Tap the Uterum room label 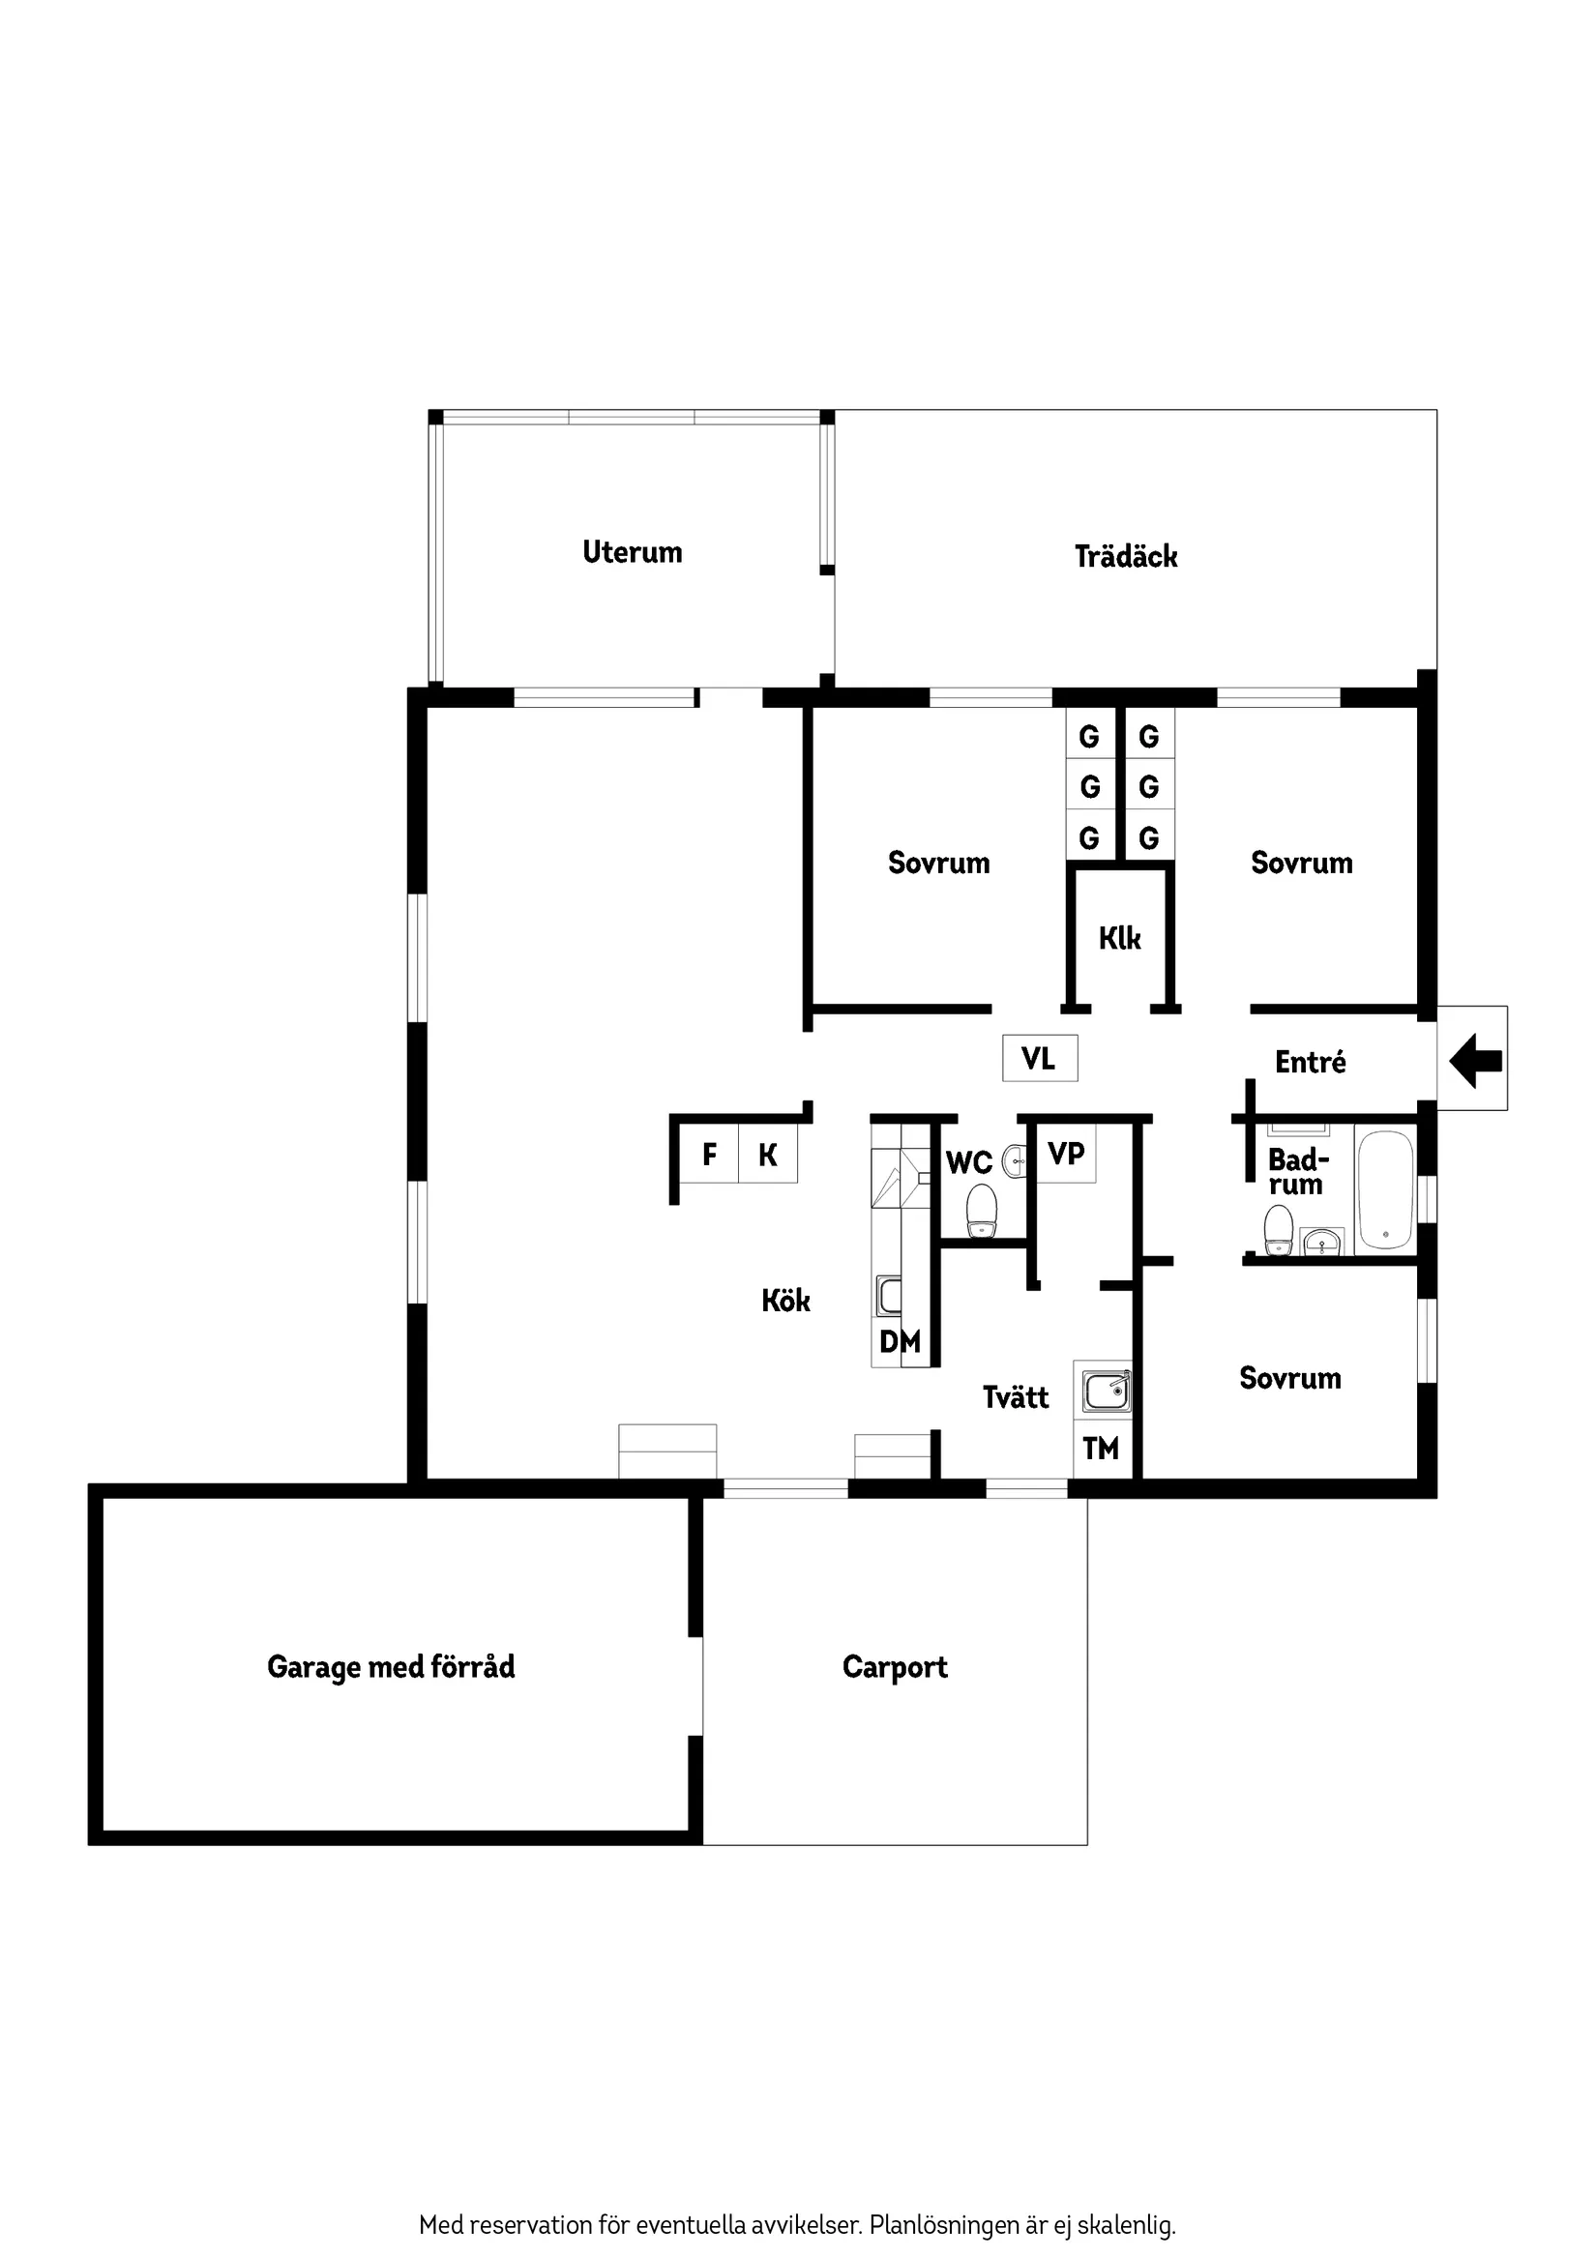coord(632,551)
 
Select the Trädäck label coord(1125,556)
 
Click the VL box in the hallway coord(1040,1058)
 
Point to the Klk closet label coord(1119,938)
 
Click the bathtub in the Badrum coord(1384,1189)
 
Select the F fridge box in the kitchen coord(709,1154)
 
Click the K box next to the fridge coord(768,1154)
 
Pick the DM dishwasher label coord(900,1341)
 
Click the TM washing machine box coord(1102,1448)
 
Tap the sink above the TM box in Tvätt coord(1107,1392)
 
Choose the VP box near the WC coord(1066,1153)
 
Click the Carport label coord(895,1667)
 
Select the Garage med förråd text coord(391,1666)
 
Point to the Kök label coord(785,1301)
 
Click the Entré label coord(1310,1062)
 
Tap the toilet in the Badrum coord(1278,1231)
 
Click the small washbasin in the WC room coord(1015,1162)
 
